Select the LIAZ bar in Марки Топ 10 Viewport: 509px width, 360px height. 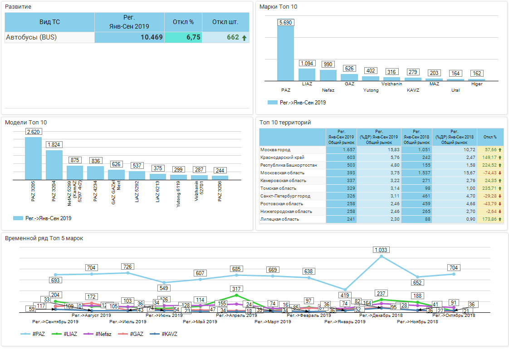pyautogui.click(x=307, y=74)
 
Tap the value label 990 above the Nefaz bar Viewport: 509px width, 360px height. pyautogui.click(x=328, y=64)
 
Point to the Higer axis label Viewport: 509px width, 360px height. pyautogui.click(x=477, y=84)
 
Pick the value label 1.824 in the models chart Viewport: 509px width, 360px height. pyautogui.click(x=54, y=144)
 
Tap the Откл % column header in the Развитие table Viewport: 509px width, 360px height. pyautogui.click(x=183, y=22)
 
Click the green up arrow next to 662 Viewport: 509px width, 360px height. pyautogui.click(x=245, y=38)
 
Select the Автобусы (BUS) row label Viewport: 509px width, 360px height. pyautogui.click(x=31, y=37)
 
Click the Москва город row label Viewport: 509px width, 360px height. pyautogui.click(x=275, y=150)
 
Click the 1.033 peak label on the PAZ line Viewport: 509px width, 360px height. pyautogui.click(x=381, y=250)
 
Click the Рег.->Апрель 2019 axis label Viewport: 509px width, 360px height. pyautogui.click(x=236, y=315)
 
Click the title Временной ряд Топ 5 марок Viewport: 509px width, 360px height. pyautogui.click(x=44, y=238)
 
